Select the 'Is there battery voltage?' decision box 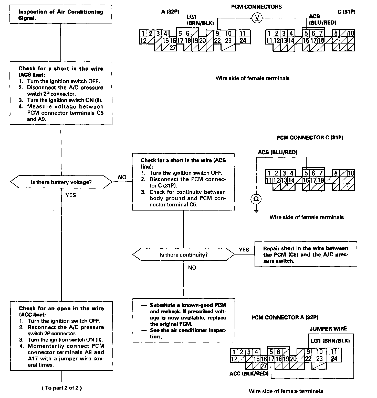coord(61,182)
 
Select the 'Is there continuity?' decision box coord(183,255)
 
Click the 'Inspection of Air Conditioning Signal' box coord(61,15)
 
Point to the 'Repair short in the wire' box coord(306,255)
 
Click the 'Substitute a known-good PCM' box coord(184,321)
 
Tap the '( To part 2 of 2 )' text coord(62,388)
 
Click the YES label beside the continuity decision coord(244,250)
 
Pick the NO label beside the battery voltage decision coord(122,177)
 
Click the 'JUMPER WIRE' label coord(328,329)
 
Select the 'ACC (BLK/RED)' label coord(249,374)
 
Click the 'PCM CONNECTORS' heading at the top coord(256,7)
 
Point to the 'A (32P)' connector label coord(170,12)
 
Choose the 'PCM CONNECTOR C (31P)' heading coord(310,138)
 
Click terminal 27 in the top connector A coord(173,48)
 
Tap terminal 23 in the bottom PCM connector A coord(319,359)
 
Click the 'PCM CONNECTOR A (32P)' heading coord(285,317)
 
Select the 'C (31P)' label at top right coord(346,12)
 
